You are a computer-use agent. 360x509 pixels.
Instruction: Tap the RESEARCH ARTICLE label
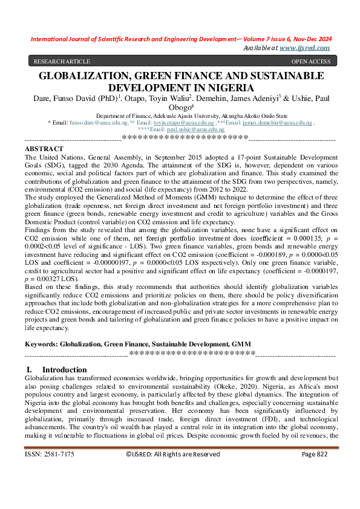[62, 61]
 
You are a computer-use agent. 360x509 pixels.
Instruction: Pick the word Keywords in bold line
[44, 343]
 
